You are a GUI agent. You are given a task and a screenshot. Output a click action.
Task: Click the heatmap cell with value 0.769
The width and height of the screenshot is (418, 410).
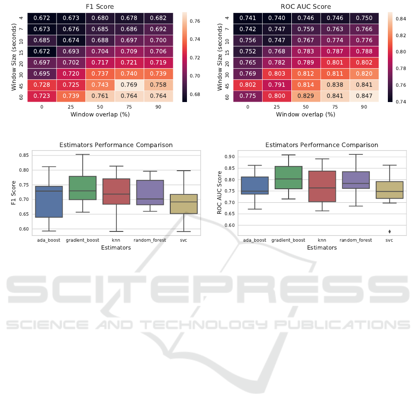pos(129,84)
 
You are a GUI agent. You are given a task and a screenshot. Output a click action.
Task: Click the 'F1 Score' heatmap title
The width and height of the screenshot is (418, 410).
pos(101,7)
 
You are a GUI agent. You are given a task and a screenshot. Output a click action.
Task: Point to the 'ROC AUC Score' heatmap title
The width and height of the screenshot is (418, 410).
pos(305,7)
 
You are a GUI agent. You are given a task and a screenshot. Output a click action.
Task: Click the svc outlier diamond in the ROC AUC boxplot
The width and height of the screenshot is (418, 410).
pos(389,231)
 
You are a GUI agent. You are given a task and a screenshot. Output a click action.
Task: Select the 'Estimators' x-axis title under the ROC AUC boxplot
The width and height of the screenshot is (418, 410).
pos(322,248)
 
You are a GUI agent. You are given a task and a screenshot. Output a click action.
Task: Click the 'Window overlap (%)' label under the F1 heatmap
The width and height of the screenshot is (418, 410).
pos(100,114)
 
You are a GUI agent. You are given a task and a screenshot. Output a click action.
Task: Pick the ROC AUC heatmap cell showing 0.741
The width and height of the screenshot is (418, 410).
pos(248,18)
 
